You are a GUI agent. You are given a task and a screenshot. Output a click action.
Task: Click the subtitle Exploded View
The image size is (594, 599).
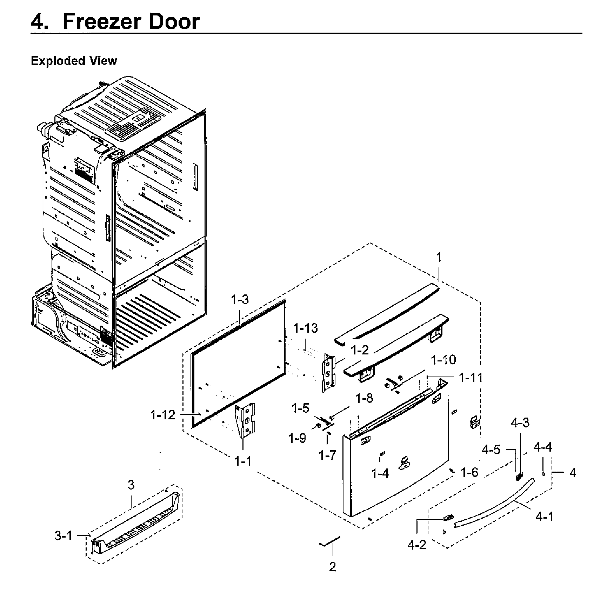pos(74,61)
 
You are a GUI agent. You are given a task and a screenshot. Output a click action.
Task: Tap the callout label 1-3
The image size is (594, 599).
pos(240,300)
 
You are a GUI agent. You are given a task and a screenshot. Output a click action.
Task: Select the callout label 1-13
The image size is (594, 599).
pos(305,328)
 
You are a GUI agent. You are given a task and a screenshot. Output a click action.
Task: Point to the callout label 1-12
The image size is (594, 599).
pos(162,415)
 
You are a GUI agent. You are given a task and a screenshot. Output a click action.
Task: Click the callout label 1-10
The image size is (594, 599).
pos(443,360)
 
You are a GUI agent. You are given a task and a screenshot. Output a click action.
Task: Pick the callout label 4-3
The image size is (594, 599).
pos(520,423)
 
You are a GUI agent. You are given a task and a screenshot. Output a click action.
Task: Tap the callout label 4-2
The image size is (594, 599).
pos(417,545)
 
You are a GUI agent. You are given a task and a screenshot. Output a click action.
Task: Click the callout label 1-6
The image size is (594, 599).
pos(469,473)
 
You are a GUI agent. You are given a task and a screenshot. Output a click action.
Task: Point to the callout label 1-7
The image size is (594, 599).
pos(327,455)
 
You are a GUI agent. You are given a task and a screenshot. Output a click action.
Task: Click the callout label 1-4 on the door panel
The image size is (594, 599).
pos(380,474)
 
